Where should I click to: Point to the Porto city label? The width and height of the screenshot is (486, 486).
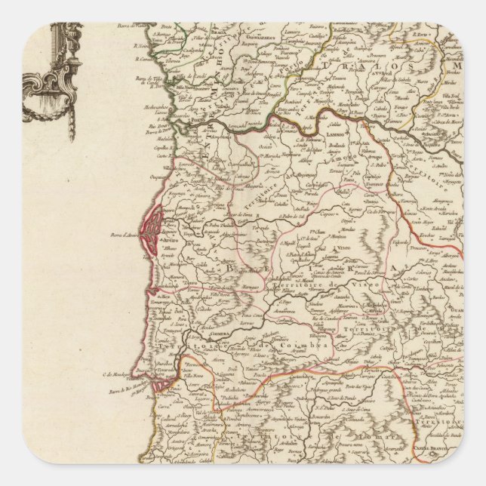pos(197,128)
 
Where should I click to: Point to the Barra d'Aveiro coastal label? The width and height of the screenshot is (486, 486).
pos(122,230)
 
